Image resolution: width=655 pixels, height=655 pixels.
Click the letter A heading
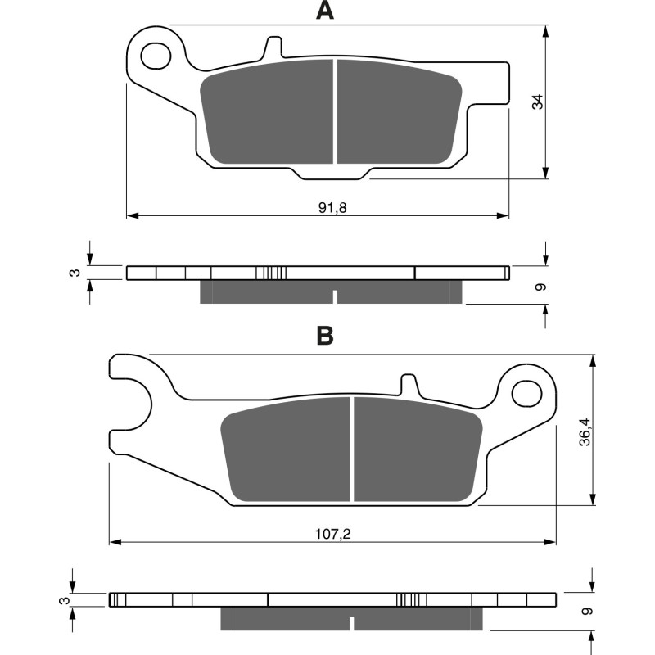click(x=326, y=11)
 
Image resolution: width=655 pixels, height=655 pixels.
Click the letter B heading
click(x=326, y=336)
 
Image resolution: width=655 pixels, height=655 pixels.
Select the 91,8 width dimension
click(x=332, y=208)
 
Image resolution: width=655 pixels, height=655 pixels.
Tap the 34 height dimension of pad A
click(x=537, y=102)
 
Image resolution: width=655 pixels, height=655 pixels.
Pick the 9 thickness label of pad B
click(x=586, y=611)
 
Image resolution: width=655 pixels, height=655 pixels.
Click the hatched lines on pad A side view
click(x=272, y=273)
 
